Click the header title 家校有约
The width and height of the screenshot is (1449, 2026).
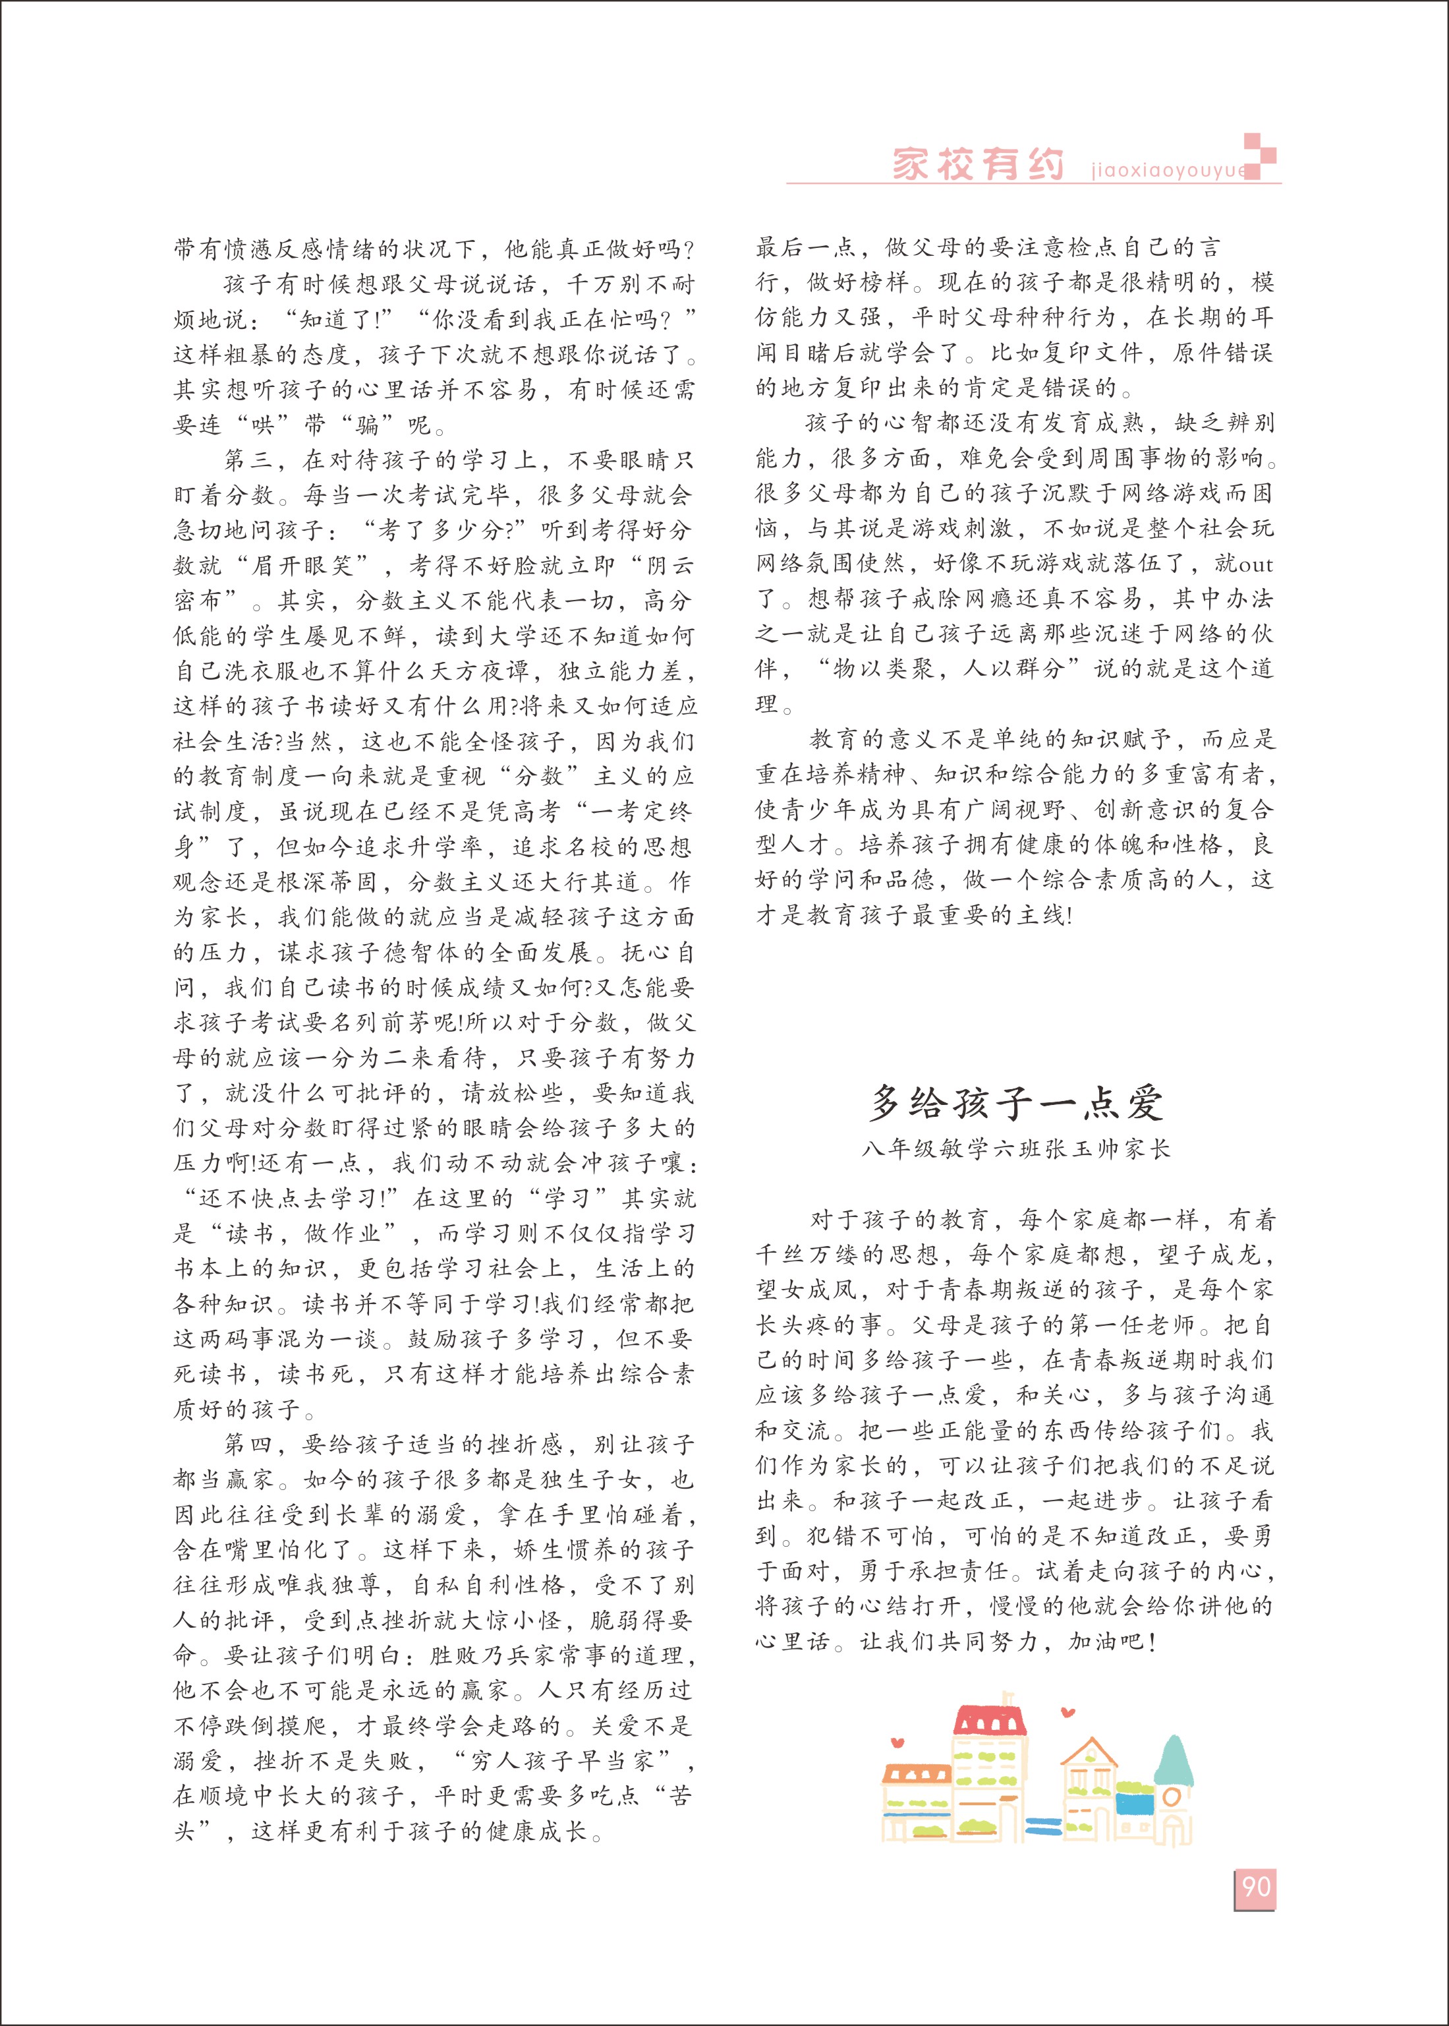979,165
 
